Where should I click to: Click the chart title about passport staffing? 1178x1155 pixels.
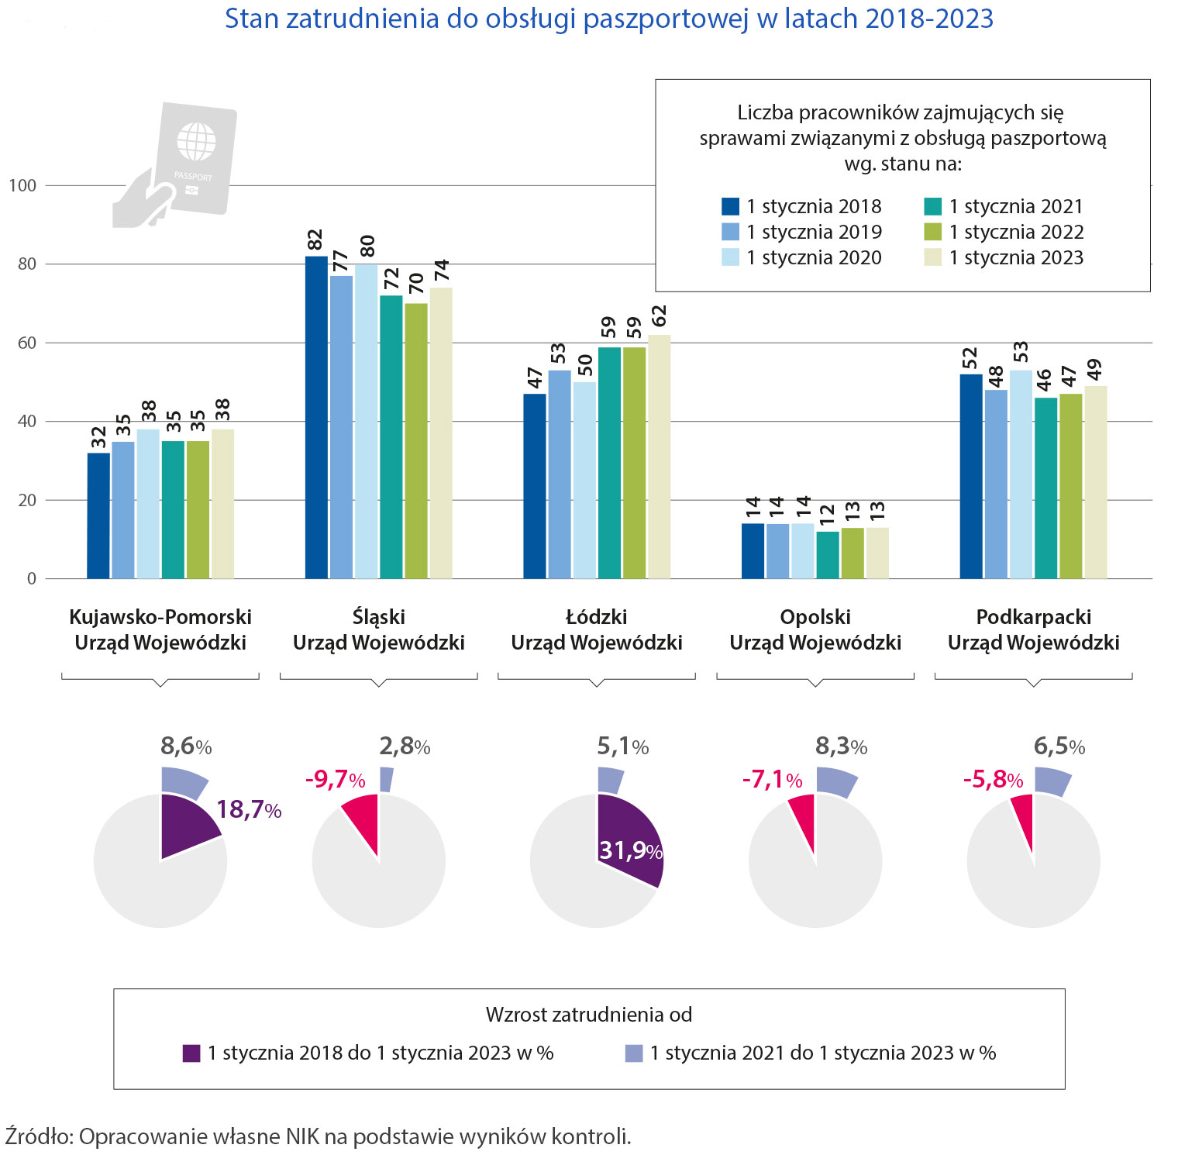tap(608, 19)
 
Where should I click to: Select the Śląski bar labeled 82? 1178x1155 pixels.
tap(316, 419)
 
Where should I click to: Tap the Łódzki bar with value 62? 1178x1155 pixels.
tap(660, 457)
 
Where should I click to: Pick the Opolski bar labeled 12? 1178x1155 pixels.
tap(828, 555)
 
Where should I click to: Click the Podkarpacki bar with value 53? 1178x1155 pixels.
tap(1021, 474)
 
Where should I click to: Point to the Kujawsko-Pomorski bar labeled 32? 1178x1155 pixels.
tap(98, 515)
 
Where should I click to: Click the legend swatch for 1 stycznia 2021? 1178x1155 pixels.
tap(933, 206)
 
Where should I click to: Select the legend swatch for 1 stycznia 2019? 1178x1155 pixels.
tap(730, 232)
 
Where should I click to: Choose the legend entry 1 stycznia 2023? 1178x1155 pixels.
tap(1015, 257)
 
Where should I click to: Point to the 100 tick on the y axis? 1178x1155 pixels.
tap(22, 185)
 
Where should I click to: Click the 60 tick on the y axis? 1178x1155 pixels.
tap(26, 343)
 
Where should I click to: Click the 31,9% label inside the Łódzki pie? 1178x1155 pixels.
tap(630, 850)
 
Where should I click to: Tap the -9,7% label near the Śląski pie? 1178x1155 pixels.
tap(335, 779)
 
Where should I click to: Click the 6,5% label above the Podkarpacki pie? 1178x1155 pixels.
tap(1059, 746)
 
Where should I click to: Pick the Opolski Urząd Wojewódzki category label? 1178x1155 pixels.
tap(815, 629)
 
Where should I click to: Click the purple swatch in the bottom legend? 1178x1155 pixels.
tap(191, 1053)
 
